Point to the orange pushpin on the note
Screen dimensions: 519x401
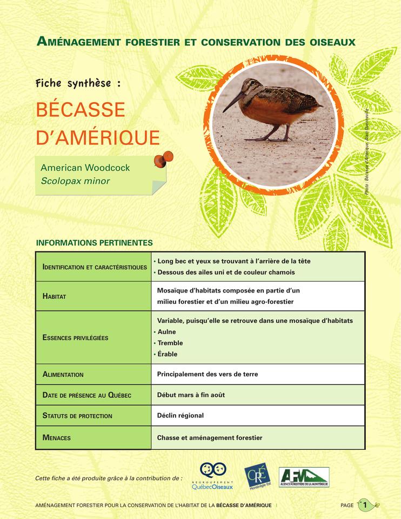coord(163,159)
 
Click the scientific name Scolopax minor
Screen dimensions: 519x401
coord(75,181)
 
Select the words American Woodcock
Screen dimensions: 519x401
coord(85,168)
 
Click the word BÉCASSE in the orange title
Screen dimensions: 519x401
coord(81,110)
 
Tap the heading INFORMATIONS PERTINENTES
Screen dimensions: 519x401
coord(94,243)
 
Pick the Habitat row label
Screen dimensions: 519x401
coord(54,296)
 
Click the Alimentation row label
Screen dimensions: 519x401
coord(63,374)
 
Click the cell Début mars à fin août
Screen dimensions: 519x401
coord(191,395)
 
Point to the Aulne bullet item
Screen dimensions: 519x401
coord(166,332)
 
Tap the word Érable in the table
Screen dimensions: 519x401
coord(167,354)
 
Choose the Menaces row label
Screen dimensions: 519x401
coord(56,437)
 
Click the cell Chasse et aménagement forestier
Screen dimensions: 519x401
coord(210,437)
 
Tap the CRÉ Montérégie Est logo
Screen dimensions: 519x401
coord(257,476)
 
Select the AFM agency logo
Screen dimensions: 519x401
coord(304,477)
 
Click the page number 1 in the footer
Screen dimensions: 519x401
coord(365,505)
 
